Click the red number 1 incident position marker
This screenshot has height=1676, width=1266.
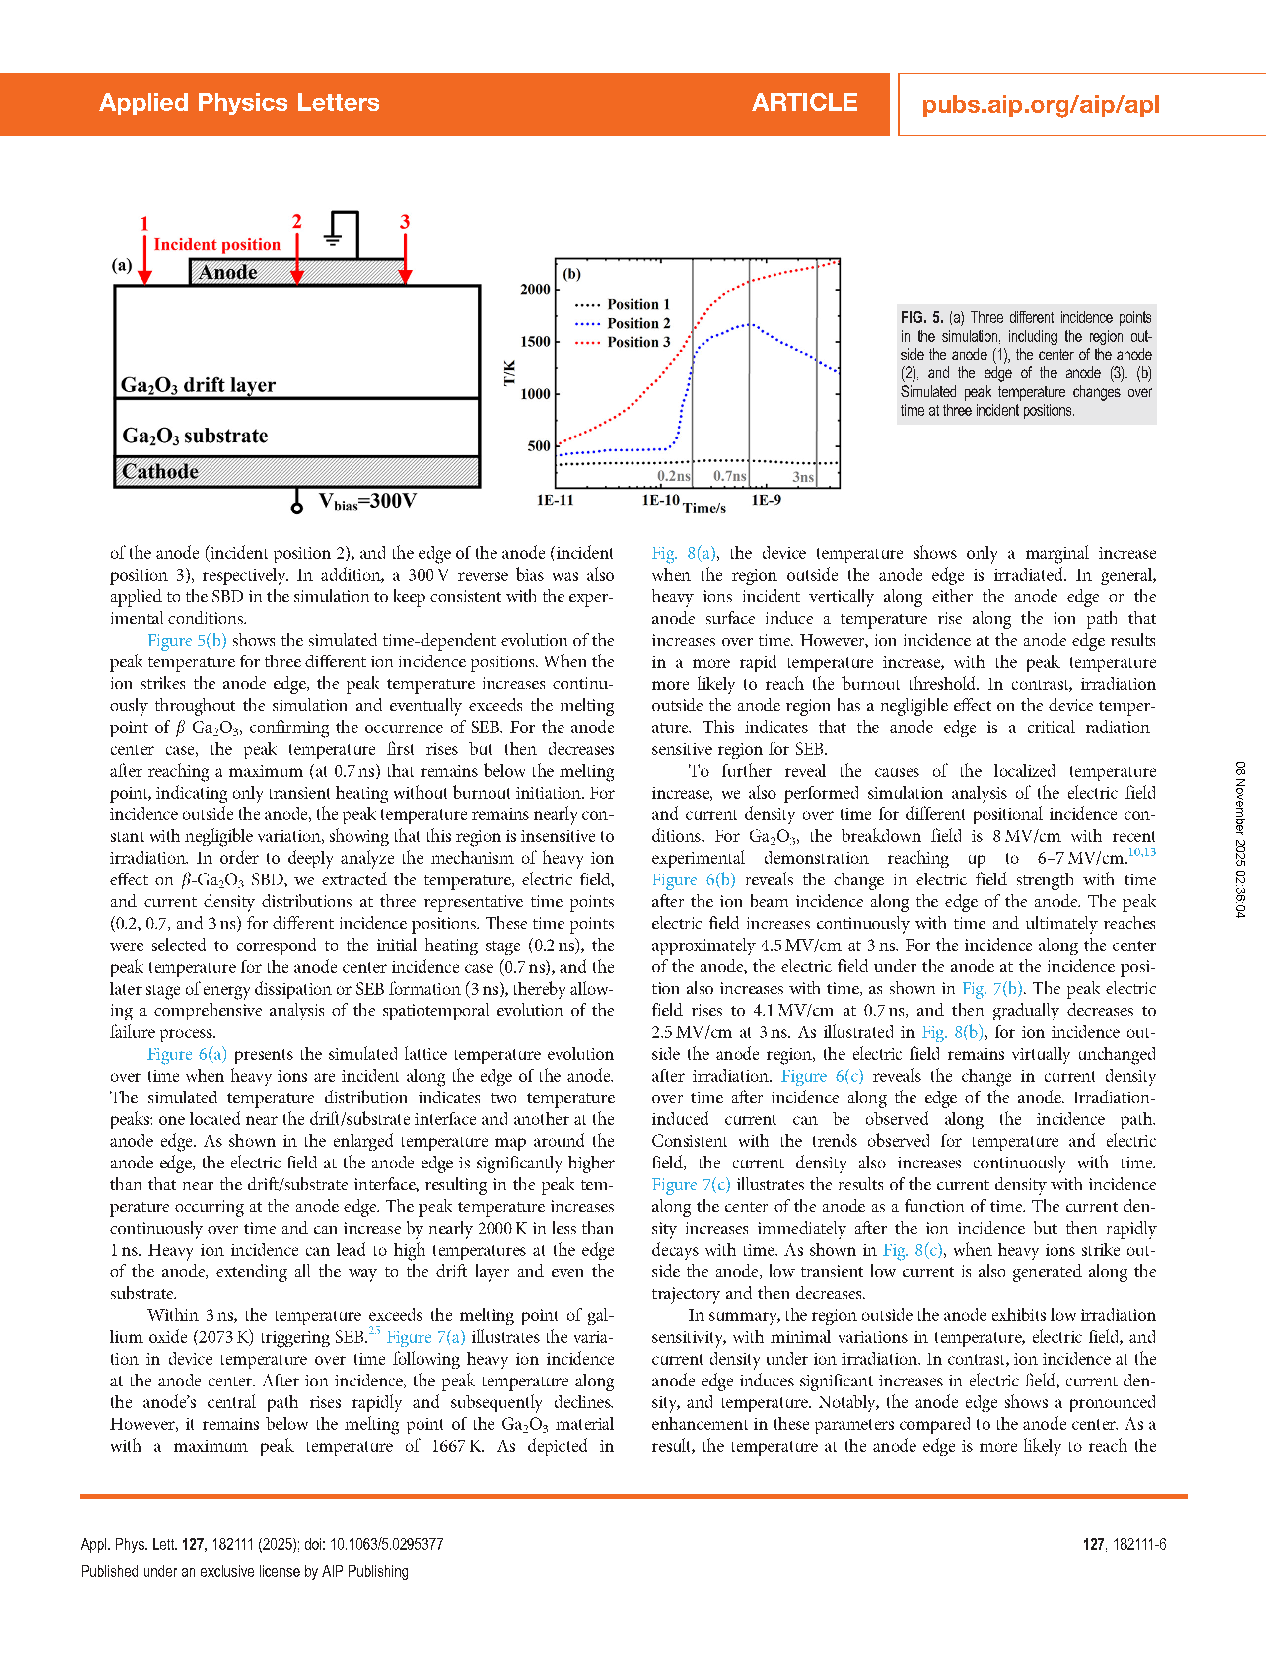(x=144, y=224)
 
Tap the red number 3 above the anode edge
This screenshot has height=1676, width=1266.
(x=405, y=222)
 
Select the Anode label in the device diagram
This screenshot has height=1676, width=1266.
(x=227, y=272)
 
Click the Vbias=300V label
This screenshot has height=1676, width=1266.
(x=367, y=502)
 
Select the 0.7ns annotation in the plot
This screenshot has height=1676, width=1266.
(x=729, y=476)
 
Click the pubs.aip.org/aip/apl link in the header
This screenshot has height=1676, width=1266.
(x=1040, y=105)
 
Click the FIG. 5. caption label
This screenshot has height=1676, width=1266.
(x=920, y=317)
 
